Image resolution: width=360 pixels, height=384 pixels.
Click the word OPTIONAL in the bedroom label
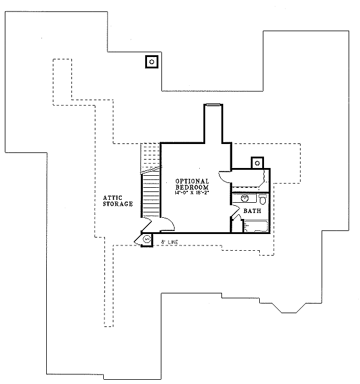(x=192, y=181)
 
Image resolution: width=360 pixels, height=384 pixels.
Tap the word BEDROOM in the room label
(x=192, y=187)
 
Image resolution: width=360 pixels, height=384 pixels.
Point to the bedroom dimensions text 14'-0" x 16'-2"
(x=192, y=193)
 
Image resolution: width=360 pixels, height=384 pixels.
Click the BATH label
(x=252, y=211)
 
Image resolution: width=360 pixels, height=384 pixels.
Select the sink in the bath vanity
(x=245, y=197)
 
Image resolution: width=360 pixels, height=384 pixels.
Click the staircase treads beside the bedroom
(x=151, y=195)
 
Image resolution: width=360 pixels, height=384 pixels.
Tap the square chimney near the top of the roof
(x=152, y=61)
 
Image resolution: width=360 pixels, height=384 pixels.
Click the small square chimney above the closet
(x=257, y=163)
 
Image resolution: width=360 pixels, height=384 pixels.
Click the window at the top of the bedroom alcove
(x=213, y=106)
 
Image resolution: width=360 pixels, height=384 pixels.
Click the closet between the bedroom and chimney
(x=249, y=178)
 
